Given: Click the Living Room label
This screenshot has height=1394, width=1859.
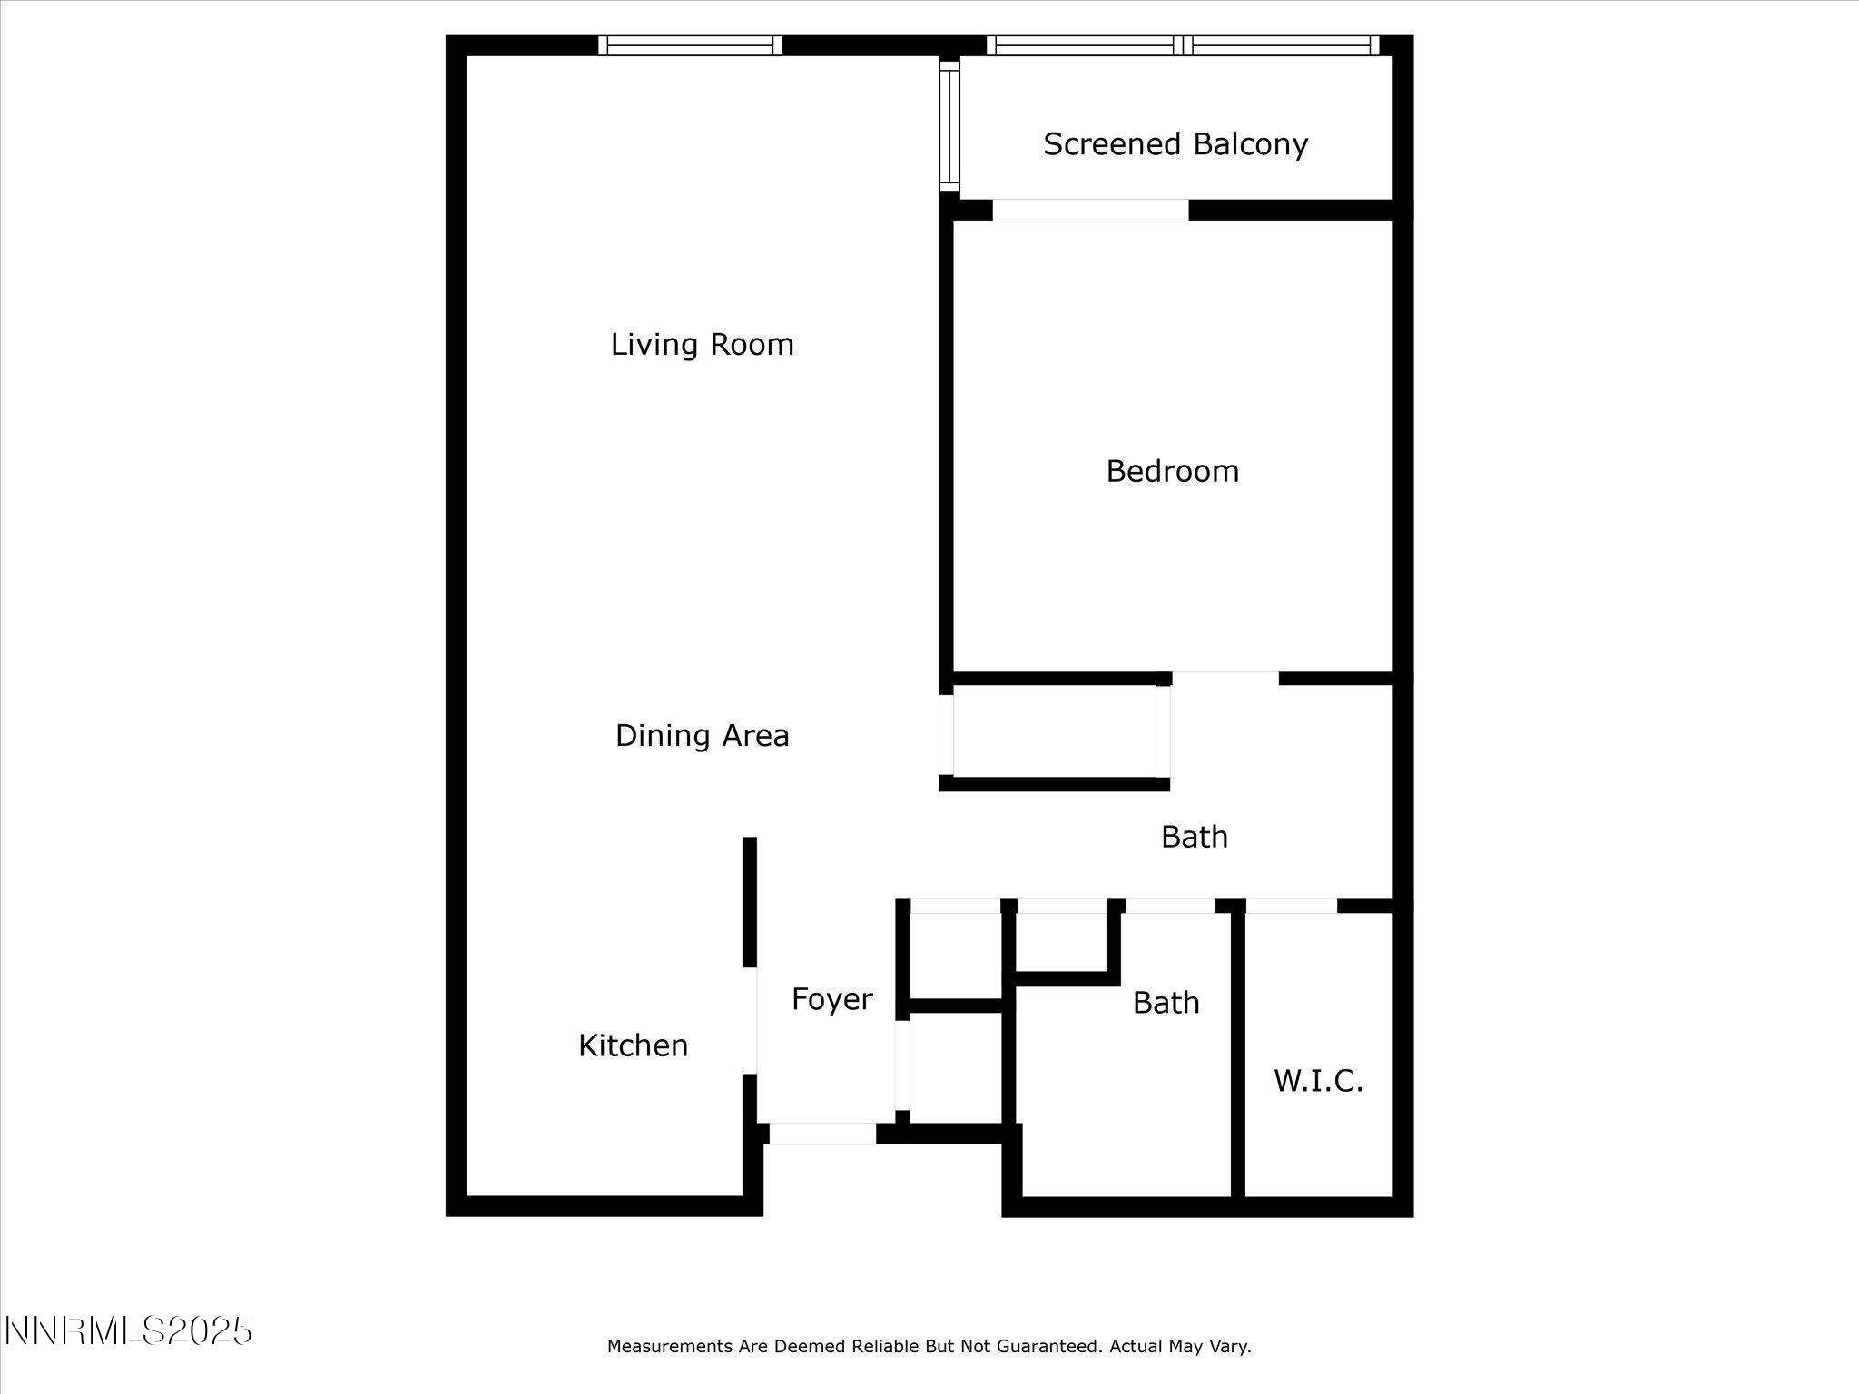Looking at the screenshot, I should pyautogui.click(x=702, y=345).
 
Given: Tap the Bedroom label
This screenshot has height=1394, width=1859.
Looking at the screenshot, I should pyautogui.click(x=1172, y=471).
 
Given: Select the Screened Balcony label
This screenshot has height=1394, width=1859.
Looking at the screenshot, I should pyautogui.click(x=1175, y=144).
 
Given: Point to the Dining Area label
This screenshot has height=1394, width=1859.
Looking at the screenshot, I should pyautogui.click(x=702, y=735).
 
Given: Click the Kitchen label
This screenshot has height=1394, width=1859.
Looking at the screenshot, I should pyautogui.click(x=633, y=1045).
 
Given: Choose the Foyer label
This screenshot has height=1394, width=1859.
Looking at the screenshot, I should pyautogui.click(x=831, y=999).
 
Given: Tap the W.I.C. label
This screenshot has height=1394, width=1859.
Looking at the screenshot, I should pyautogui.click(x=1318, y=1081).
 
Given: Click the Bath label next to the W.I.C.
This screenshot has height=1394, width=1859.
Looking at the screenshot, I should pyautogui.click(x=1166, y=1003).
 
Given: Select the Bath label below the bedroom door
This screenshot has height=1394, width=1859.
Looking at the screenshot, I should pyautogui.click(x=1194, y=837).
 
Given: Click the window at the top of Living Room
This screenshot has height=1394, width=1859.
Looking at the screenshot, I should pyautogui.click(x=690, y=45).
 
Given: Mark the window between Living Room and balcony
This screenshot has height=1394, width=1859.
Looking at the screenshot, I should pyautogui.click(x=949, y=125).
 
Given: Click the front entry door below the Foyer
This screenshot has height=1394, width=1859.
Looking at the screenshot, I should pyautogui.click(x=822, y=1134).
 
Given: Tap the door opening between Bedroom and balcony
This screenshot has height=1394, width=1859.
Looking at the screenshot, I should pyautogui.click(x=1090, y=210).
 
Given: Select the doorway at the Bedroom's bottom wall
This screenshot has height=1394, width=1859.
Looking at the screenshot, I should pyautogui.click(x=1225, y=678).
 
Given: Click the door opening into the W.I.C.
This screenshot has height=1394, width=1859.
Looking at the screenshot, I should pyautogui.click(x=1291, y=906).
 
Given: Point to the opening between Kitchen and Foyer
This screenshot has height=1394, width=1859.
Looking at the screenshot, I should pyautogui.click(x=750, y=1020).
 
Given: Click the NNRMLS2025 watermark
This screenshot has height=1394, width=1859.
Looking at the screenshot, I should pyautogui.click(x=128, y=1331).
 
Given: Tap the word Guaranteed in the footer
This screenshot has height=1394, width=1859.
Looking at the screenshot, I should pyautogui.click(x=1048, y=1347).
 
